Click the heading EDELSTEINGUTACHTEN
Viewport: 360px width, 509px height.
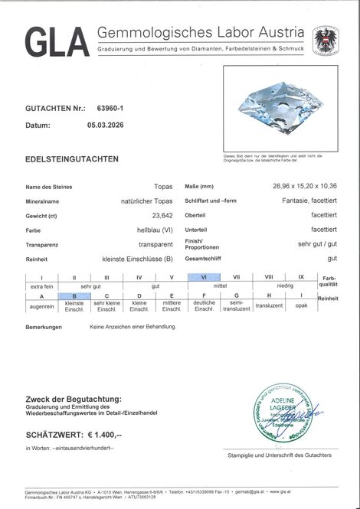72,159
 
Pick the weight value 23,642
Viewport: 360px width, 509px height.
159,215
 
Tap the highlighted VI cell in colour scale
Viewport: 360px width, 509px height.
204,276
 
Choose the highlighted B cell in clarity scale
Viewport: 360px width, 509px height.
74,295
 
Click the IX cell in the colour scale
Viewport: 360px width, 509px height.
301,276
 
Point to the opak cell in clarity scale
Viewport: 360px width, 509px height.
301,305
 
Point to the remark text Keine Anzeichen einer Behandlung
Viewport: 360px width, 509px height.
133,327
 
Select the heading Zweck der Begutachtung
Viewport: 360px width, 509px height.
74,399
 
